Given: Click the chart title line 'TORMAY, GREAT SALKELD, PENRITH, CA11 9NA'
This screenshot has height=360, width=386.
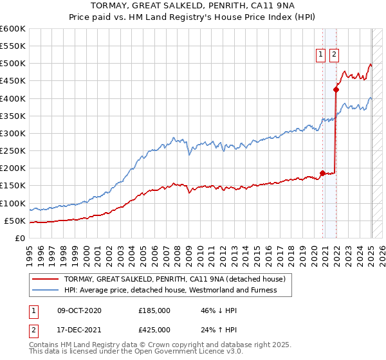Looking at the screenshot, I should click(x=193, y=7).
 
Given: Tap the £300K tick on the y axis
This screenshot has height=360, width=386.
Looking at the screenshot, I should click(x=12, y=133).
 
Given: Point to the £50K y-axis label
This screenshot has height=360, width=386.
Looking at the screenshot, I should click(x=15, y=221).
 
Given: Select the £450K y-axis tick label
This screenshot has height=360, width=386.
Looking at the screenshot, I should click(x=12, y=81).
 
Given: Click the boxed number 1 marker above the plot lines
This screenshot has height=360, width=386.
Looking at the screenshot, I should click(x=320, y=55).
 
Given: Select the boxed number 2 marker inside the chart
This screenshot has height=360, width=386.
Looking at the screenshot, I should click(x=334, y=55).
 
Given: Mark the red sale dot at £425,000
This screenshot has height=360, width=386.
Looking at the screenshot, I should click(x=336, y=89).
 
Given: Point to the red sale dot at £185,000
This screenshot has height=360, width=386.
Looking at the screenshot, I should click(x=322, y=173).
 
